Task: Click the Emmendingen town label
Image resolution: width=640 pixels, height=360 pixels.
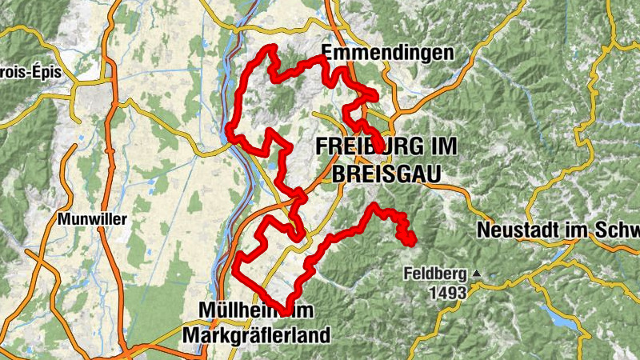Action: (x=387, y=54)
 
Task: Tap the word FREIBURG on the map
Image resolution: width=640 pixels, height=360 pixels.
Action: (x=365, y=147)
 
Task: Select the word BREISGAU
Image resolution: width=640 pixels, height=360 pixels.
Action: (x=375, y=171)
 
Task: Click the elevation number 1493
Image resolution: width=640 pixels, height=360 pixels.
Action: (x=446, y=293)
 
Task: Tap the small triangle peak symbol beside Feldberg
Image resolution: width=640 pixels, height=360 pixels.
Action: (x=477, y=274)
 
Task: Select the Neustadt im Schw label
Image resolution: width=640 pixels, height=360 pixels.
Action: (x=558, y=230)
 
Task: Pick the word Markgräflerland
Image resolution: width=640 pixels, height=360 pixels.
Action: (x=256, y=335)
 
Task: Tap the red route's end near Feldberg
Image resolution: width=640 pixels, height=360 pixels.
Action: (x=413, y=242)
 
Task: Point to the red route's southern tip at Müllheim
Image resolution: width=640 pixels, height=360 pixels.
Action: (x=286, y=311)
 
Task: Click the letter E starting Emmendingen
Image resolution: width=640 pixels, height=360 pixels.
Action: (x=327, y=54)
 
